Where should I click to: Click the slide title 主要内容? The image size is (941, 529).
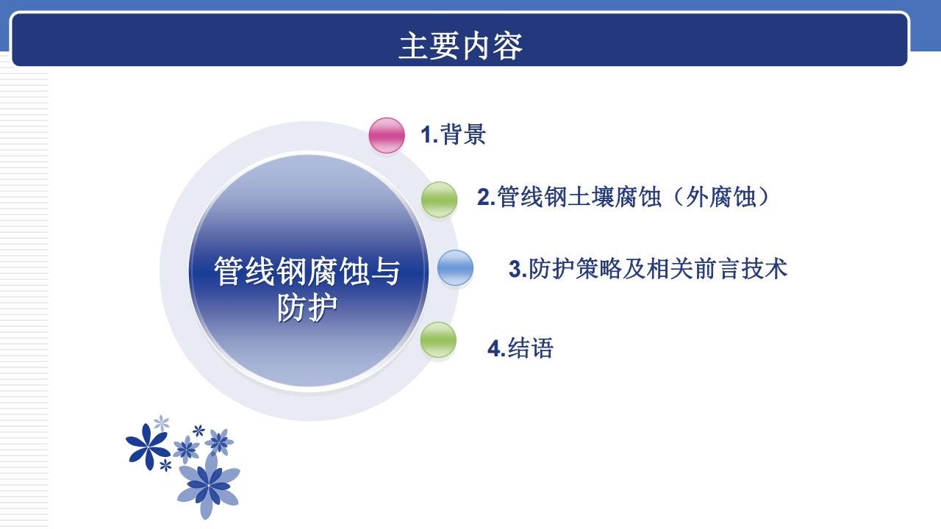460,46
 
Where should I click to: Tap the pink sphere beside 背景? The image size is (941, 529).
387,135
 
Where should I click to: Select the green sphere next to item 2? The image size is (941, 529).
439,199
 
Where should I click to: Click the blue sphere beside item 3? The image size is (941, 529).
455,267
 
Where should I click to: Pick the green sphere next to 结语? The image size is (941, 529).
438,339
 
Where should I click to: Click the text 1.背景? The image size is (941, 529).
454,134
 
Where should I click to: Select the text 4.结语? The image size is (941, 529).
520,348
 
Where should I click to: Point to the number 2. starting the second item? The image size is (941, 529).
487,198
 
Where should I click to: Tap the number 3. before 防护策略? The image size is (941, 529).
518,269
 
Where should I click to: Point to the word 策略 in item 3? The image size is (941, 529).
598,269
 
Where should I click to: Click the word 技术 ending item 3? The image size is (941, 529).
764,269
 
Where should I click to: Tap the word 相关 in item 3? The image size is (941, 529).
669,269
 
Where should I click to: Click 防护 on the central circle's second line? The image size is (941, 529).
307,308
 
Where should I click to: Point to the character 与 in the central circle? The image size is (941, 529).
385,272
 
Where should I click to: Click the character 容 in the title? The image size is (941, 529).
507,46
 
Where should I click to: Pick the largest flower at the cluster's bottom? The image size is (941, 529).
208,485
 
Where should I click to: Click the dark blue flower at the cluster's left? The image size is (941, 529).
148,446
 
